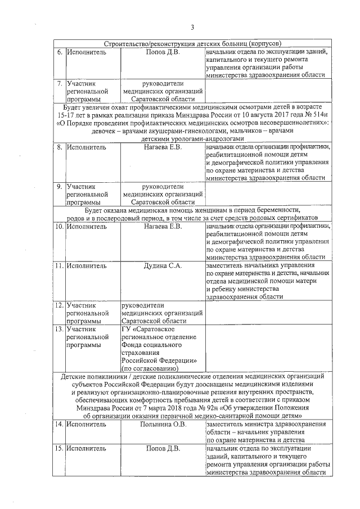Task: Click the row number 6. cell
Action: [x=59, y=52]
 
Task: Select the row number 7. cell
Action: [x=59, y=83]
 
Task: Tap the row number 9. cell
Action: [x=59, y=185]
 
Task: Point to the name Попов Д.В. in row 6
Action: [x=163, y=52]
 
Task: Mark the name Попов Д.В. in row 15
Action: [x=163, y=449]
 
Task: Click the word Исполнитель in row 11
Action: [x=86, y=265]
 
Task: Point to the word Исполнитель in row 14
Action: [x=86, y=424]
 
